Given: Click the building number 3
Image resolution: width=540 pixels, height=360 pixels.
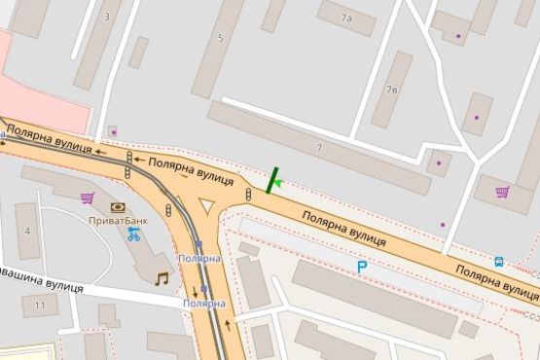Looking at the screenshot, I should [106, 17].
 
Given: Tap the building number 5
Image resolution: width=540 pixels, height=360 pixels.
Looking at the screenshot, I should [220, 38].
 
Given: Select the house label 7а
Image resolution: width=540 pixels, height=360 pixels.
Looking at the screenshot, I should [346, 18].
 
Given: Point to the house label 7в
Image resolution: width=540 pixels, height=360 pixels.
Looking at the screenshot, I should [392, 90].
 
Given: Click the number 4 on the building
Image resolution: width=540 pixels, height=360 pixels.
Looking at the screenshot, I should [26, 232].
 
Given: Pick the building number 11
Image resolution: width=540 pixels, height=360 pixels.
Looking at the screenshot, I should [39, 306].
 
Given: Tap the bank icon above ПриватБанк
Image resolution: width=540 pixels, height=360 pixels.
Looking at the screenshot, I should [118, 207].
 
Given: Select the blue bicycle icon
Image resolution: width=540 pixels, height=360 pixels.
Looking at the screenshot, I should [133, 234].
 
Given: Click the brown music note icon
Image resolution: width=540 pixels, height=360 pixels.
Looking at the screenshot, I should [162, 278].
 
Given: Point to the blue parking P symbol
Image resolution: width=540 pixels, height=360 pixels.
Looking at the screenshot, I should [362, 266].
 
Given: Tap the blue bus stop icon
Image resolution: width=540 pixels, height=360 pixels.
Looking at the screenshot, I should [499, 261].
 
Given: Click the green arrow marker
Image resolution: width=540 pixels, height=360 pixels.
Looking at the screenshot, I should [278, 182].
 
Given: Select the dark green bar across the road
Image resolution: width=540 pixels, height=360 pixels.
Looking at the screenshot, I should [271, 180].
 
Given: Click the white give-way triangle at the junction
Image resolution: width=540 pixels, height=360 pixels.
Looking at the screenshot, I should [206, 205].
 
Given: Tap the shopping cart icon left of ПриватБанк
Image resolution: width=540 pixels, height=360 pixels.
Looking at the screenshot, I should [88, 198].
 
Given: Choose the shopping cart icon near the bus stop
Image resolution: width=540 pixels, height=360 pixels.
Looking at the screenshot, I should [502, 192].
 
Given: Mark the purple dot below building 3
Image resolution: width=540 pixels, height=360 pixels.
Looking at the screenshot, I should [113, 131].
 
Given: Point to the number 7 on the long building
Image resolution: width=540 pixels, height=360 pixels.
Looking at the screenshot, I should [318, 147].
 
